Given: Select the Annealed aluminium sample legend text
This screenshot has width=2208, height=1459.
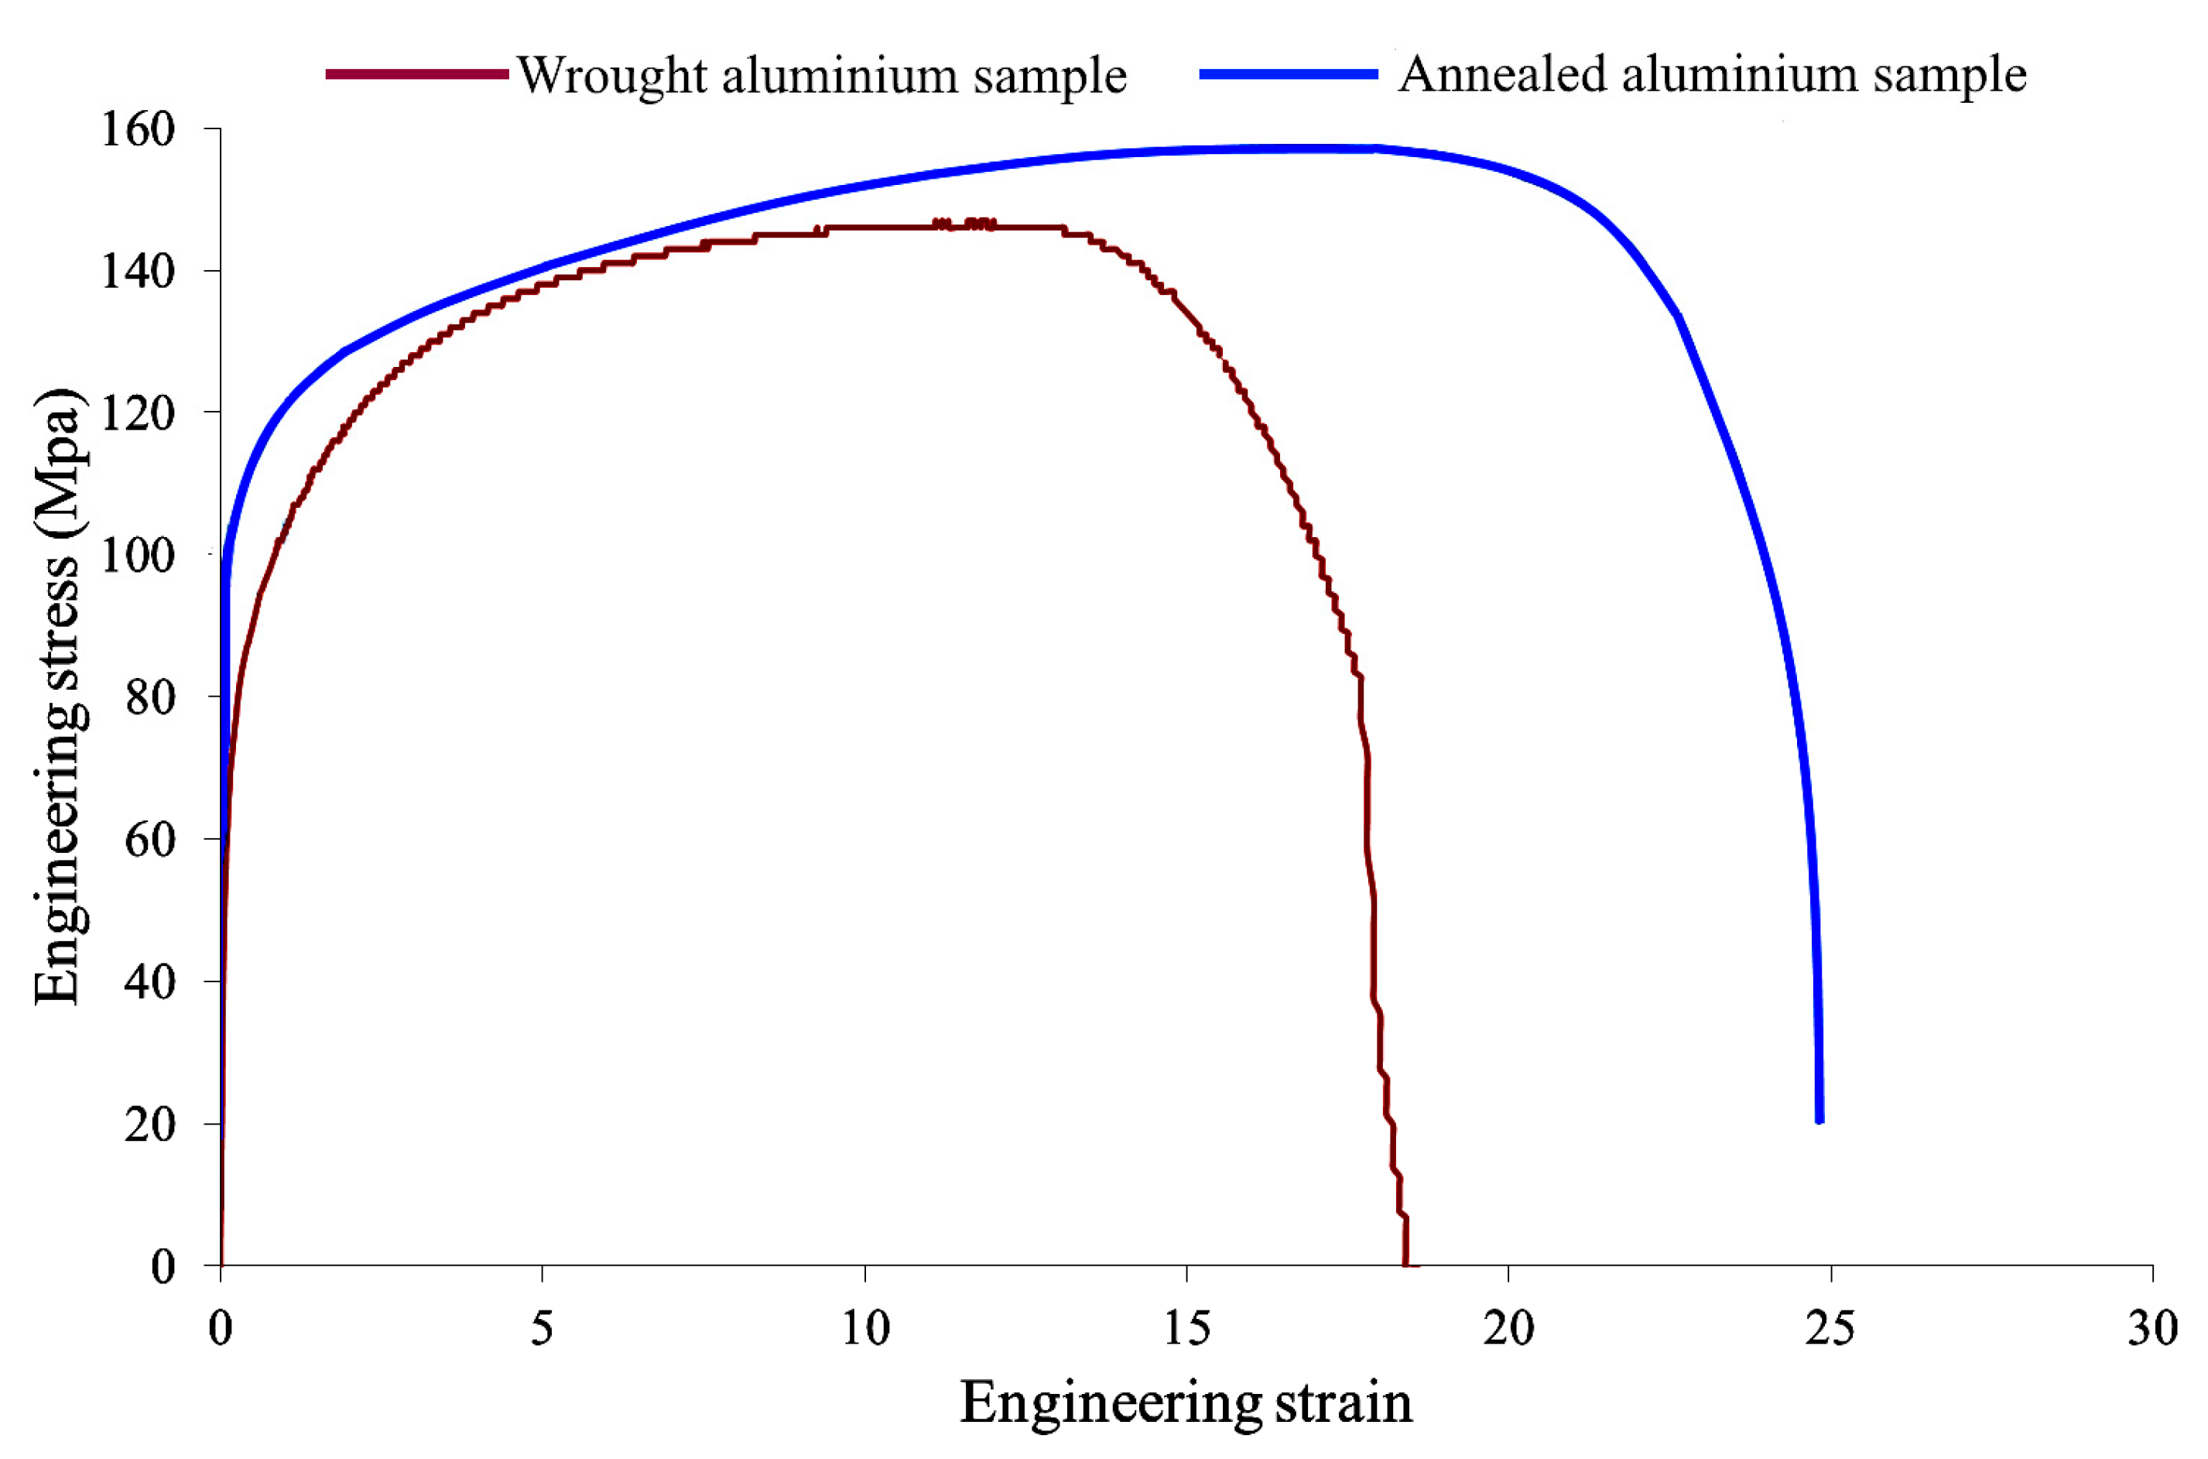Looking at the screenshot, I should click(x=1711, y=74).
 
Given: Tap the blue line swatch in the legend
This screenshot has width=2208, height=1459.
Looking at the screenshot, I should click(x=1288, y=74).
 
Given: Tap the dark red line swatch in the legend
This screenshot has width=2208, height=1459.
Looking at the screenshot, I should click(x=417, y=74).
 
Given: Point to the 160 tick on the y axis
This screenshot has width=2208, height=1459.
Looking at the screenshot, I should click(x=138, y=130).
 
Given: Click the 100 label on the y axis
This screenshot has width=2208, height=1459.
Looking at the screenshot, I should click(x=138, y=557).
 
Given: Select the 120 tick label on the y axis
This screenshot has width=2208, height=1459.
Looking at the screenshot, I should click(x=138, y=414).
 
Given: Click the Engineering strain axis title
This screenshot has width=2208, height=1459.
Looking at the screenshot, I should click(x=1186, y=1403).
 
